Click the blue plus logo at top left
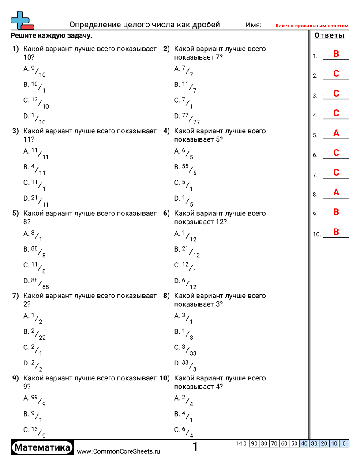tap(21, 20)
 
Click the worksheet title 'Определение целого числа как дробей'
tap(145, 25)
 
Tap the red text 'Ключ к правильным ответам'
tap(312, 26)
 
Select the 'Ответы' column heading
tap(330, 36)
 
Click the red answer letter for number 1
tap(336, 54)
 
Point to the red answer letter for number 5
tap(336, 133)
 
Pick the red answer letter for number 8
tap(336, 192)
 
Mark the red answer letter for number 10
tap(336, 232)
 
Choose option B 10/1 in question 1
tap(35, 86)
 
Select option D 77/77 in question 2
tap(187, 118)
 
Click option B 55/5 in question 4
tap(185, 169)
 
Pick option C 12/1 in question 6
tap(185, 267)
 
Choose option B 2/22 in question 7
tap(35, 334)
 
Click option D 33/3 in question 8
tap(185, 365)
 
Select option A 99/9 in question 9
tap(35, 400)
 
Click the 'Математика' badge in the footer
tap(42, 447)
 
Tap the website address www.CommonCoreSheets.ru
tap(118, 451)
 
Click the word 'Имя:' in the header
tap(254, 25)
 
